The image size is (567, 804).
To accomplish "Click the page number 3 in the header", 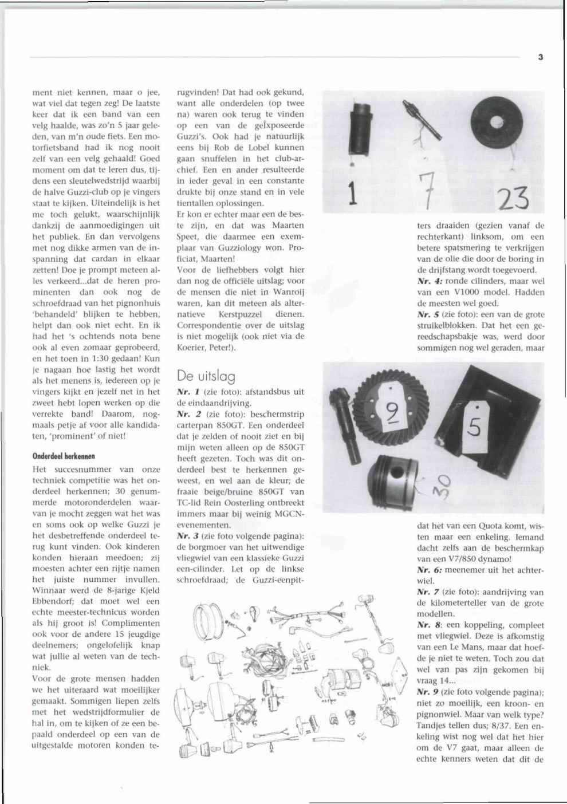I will [x=540, y=57].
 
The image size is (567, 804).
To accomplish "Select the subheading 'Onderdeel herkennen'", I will [x=64, y=456].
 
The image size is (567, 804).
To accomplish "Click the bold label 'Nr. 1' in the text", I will [x=187, y=392].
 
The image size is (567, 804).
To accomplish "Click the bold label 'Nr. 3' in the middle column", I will [x=187, y=536].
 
